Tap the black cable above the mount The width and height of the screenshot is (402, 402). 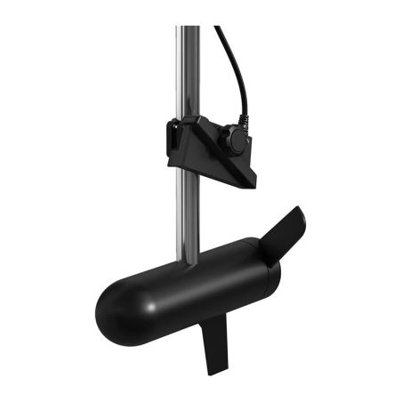233,71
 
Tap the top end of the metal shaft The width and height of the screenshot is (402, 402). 188,29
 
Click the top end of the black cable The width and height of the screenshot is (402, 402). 217,29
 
